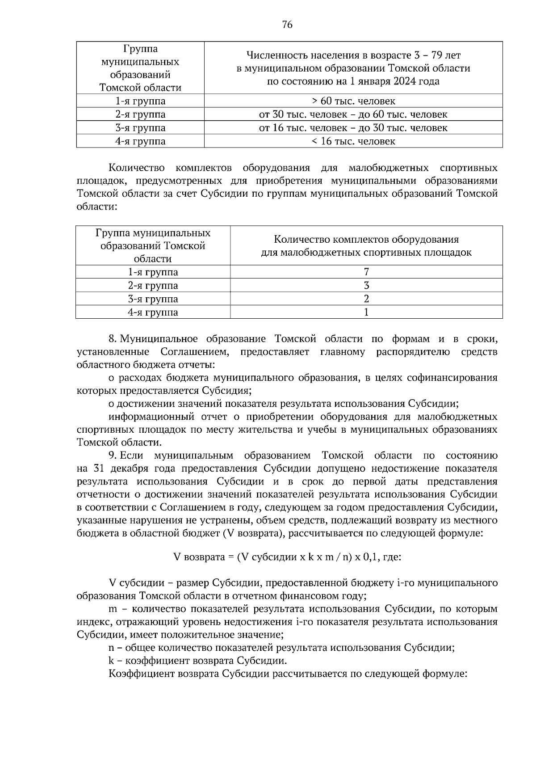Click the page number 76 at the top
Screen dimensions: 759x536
tap(287, 25)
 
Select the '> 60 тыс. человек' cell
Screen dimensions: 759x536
tap(353, 101)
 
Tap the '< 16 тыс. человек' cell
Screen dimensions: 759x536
tap(353, 142)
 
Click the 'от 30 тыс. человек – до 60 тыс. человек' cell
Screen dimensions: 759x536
tap(353, 114)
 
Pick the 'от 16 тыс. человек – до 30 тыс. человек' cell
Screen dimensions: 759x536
tap(353, 128)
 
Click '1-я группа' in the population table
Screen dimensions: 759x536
tap(140, 101)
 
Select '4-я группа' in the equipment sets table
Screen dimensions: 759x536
tap(153, 312)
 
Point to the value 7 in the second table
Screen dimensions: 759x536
tap(366, 272)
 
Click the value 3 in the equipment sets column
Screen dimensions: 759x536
tap(366, 286)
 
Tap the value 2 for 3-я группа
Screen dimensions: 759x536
tap(366, 299)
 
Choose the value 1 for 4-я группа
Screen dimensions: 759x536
tap(366, 312)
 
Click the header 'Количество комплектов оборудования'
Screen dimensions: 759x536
tap(366, 239)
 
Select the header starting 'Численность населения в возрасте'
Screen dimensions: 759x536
tap(353, 55)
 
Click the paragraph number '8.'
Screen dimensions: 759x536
tap(113, 339)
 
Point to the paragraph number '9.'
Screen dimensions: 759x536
tap(113, 455)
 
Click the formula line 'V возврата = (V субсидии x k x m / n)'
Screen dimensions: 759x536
tap(287, 557)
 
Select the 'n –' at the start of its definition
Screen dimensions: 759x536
tap(115, 648)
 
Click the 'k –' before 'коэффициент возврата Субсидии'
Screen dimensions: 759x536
tap(115, 661)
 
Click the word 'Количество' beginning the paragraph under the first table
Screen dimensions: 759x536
tap(136, 168)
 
